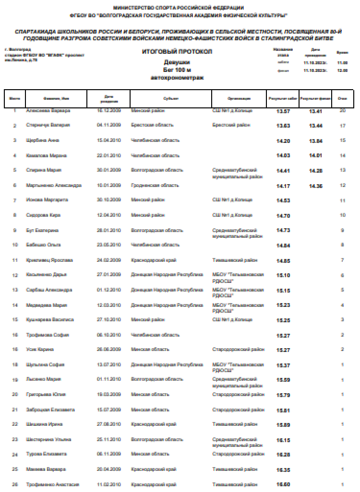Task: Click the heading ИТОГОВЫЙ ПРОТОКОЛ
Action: pos(177,51)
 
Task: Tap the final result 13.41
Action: pos(315,111)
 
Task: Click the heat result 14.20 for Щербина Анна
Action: pos(283,141)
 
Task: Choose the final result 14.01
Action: pos(315,156)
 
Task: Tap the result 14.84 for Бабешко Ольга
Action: pos(283,246)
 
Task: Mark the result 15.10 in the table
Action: pos(283,275)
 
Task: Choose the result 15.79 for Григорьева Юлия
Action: pos(283,395)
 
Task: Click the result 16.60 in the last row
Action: pos(283,485)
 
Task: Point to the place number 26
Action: pos(15,485)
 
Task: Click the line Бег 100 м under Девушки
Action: pos(177,70)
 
